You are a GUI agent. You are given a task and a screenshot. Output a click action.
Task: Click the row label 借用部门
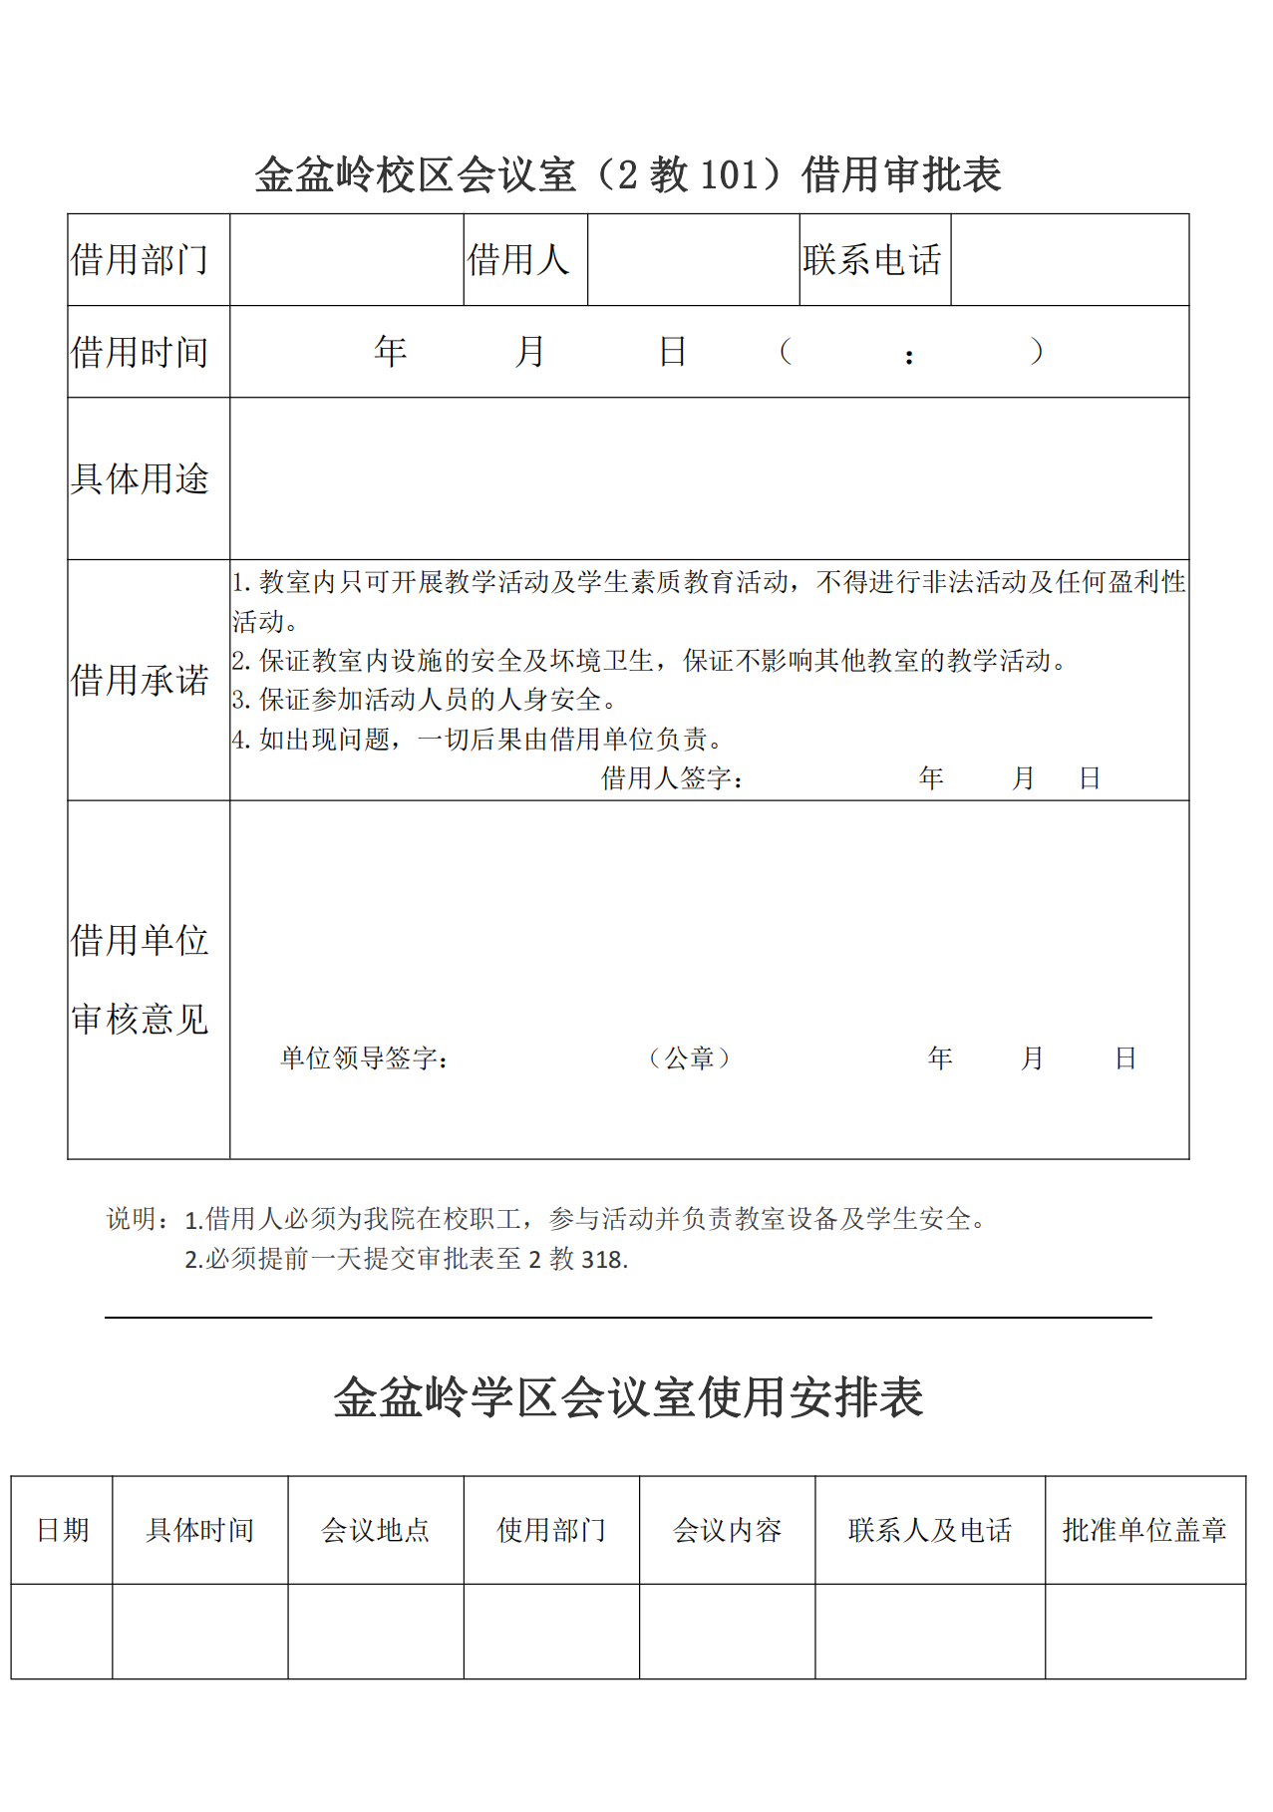tap(140, 260)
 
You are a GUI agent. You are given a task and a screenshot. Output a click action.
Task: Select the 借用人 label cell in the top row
tap(518, 260)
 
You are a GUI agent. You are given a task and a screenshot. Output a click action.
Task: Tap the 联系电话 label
tap(872, 260)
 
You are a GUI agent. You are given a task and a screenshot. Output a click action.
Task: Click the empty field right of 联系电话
tap(1069, 260)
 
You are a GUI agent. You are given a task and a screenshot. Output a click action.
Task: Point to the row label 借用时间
tap(140, 352)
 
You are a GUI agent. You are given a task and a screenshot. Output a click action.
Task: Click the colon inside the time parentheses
tap(909, 357)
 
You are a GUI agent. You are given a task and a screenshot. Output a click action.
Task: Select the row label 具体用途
tap(140, 478)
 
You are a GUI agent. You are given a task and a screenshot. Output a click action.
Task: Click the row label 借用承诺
tap(140, 681)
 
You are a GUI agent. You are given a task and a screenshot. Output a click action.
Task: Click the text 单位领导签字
tap(364, 1058)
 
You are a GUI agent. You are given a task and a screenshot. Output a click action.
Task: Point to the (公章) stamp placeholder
tap(690, 1058)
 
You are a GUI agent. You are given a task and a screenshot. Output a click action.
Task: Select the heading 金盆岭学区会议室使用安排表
tap(628, 1397)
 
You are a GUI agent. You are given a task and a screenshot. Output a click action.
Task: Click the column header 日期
tap(63, 1530)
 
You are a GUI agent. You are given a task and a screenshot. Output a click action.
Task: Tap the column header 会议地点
tap(376, 1530)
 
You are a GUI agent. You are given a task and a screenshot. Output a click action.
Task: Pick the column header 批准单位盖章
tap(1144, 1530)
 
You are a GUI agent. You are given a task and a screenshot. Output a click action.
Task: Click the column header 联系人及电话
tap(930, 1530)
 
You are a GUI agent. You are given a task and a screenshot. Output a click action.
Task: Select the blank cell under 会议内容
tap(727, 1632)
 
